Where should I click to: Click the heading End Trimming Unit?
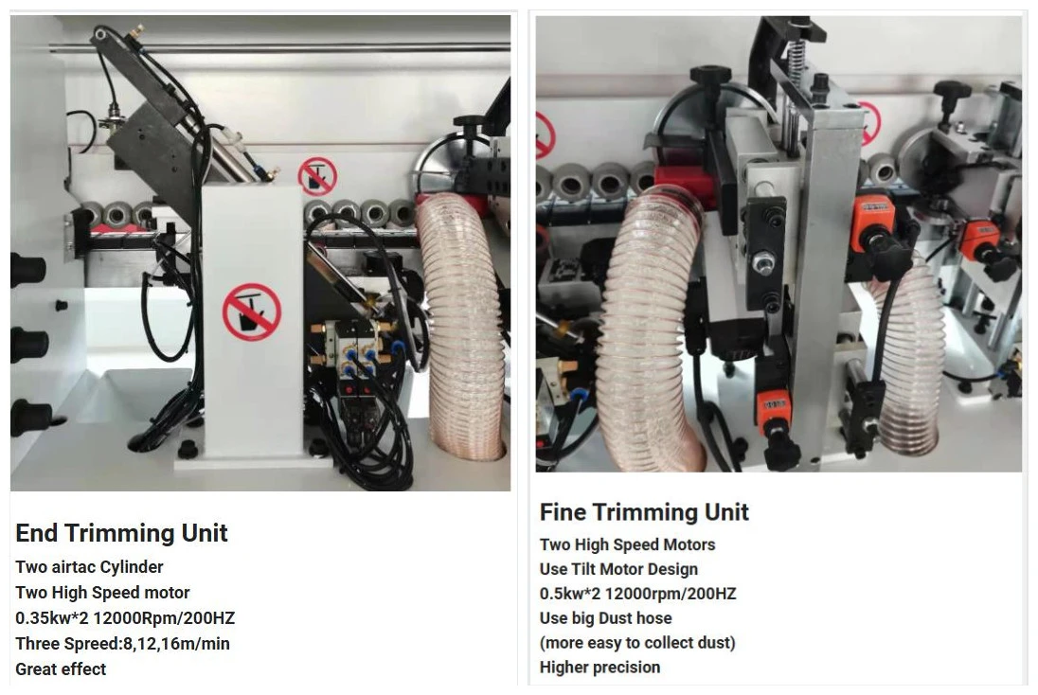click(x=121, y=533)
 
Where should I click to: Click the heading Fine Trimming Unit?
click(x=644, y=512)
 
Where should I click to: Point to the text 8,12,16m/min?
click(x=176, y=644)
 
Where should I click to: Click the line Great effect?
click(x=61, y=669)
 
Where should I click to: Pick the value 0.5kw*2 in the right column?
click(x=570, y=594)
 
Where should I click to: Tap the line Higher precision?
click(x=600, y=668)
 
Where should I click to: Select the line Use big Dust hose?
click(x=606, y=618)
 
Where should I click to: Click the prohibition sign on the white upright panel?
click(x=252, y=312)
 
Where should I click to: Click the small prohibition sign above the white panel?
click(x=317, y=177)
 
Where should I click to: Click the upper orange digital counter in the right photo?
click(x=873, y=214)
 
